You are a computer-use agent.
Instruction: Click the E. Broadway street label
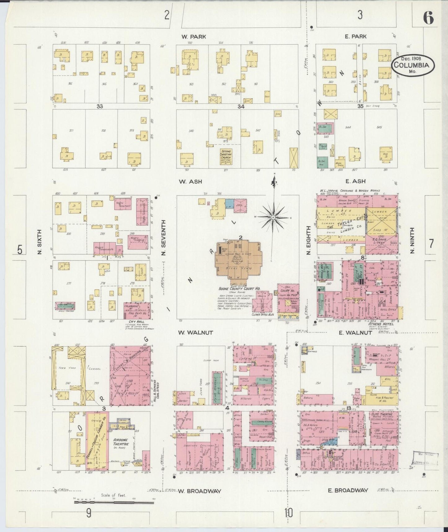(x=348, y=490)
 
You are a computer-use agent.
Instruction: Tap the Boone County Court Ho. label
(x=239, y=288)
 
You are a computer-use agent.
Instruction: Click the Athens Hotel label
(x=381, y=324)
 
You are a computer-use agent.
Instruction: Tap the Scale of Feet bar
(x=113, y=502)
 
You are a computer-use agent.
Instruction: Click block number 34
(x=241, y=106)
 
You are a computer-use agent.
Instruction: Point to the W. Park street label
(x=194, y=37)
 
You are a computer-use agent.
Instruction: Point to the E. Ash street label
(x=355, y=181)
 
